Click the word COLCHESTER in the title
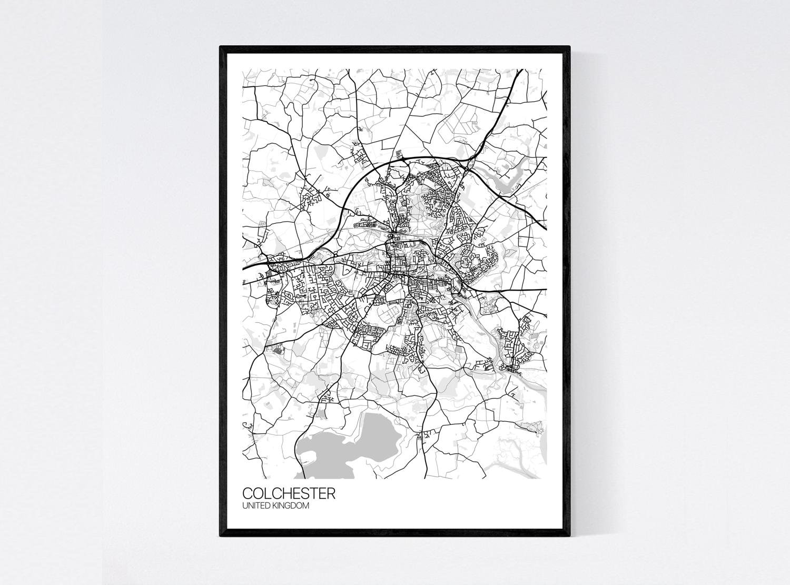[288, 493]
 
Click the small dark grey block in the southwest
[278, 348]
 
